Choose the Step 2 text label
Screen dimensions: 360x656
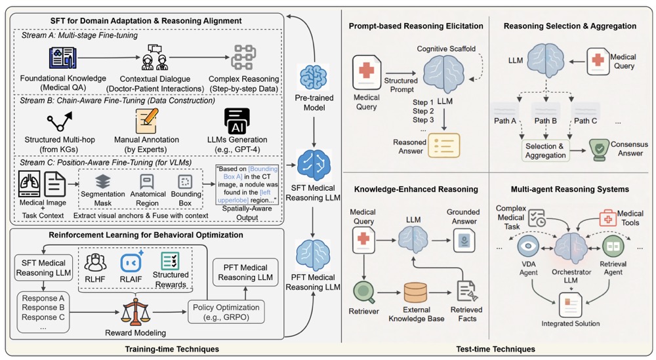coord(423,111)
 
